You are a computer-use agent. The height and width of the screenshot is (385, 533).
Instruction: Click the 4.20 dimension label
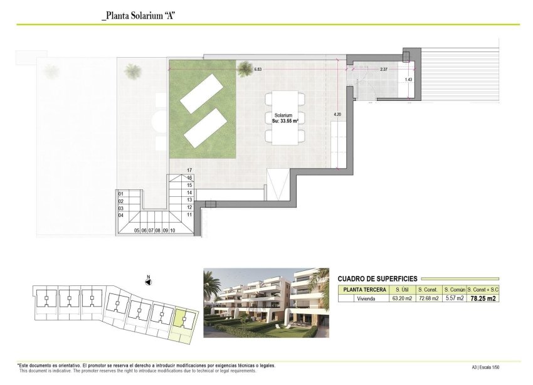pos(337,114)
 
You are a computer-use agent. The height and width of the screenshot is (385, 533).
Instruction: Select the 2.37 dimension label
pos(383,70)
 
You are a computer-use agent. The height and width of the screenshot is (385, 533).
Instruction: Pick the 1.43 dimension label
pos(408,80)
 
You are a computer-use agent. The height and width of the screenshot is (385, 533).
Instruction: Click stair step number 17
pos(189,170)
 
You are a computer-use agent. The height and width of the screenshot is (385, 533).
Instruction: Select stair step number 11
pos(189,214)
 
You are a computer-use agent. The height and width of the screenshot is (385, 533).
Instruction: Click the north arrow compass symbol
pos(147,282)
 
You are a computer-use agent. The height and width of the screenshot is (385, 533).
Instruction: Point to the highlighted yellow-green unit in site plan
pos(182,320)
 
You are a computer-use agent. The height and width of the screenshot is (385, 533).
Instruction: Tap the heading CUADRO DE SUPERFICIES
pos(378,278)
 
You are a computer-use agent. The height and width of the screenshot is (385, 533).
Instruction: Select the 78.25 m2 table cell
pos(483,298)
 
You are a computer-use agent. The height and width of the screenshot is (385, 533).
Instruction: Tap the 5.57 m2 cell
pos(453,298)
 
